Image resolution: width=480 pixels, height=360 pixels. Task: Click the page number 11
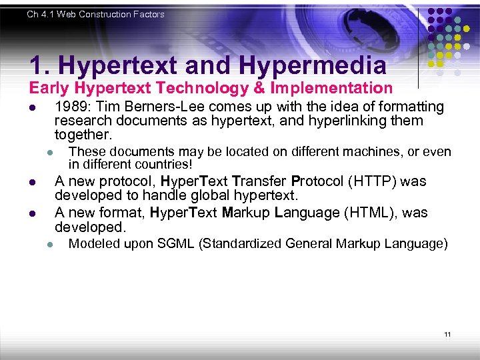(448, 334)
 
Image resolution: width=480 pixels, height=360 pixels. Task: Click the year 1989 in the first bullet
(72, 107)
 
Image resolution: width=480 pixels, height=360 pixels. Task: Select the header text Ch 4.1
(41, 14)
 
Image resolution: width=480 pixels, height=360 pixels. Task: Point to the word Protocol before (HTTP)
(315, 181)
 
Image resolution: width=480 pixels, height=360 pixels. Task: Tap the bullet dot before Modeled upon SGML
(50, 245)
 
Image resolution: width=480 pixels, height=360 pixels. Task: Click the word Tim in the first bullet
(109, 107)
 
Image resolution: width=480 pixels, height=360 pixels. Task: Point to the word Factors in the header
(148, 14)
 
